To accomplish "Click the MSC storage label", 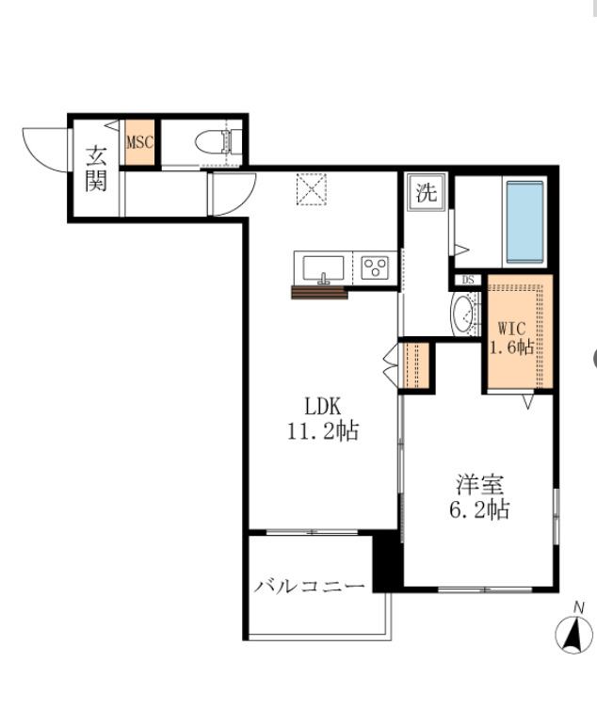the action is click(x=140, y=142).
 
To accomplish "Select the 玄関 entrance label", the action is click(x=96, y=169).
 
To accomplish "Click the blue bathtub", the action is click(x=524, y=222).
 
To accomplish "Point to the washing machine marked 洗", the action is click(x=427, y=192).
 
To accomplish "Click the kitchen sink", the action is click(x=323, y=268).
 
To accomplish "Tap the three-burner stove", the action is click(x=375, y=267).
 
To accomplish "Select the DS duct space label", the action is click(x=468, y=280).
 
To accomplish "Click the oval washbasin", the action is click(x=463, y=314).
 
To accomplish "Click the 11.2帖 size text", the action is click(x=323, y=430).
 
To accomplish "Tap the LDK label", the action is click(x=322, y=406).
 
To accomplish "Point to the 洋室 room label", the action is click(x=479, y=485).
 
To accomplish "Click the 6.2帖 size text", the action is click(x=479, y=509).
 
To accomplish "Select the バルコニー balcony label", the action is click(x=309, y=587).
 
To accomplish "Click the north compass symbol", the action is click(x=573, y=628).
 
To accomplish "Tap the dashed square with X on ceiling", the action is click(x=311, y=189).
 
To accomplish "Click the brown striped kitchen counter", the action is click(x=319, y=293).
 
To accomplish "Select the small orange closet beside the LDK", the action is click(x=416, y=365).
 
